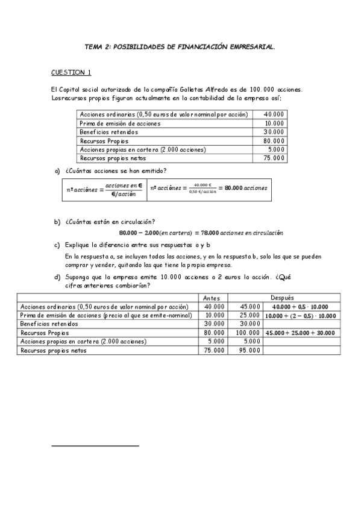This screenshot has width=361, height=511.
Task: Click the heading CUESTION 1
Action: (71, 73)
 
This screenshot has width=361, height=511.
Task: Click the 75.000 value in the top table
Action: (274, 158)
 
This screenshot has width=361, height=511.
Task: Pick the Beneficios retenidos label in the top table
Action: (108, 132)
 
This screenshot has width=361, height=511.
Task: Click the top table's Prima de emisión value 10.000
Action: (274, 123)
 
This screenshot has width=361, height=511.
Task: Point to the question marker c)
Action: (57, 245)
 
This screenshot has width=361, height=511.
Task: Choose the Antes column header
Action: (212, 298)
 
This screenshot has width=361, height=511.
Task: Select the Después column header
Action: (282, 298)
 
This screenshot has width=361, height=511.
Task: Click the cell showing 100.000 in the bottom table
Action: (248, 332)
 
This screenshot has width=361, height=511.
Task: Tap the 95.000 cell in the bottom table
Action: (249, 350)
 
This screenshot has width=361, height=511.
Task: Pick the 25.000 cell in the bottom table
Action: (249, 315)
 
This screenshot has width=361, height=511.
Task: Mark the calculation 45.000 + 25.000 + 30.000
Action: (300, 332)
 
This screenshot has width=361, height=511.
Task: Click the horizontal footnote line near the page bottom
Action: (95, 446)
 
